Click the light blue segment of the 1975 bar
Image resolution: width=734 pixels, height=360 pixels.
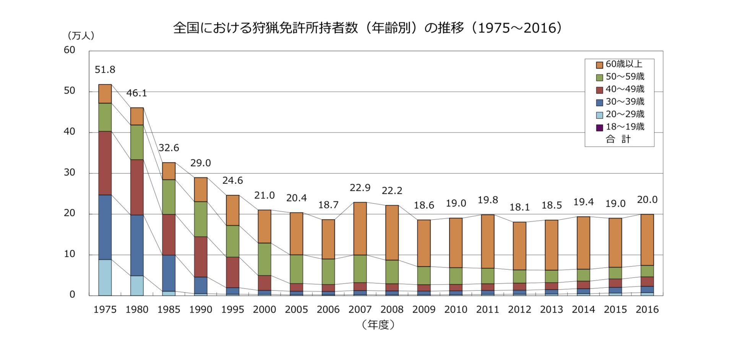105,277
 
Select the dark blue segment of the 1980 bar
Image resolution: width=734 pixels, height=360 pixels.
137,245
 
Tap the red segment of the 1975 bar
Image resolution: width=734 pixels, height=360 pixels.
105,163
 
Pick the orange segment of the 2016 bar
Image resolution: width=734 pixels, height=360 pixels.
647,240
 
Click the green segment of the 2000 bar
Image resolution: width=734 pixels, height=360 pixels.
265,259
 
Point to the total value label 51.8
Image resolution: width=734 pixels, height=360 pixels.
105,70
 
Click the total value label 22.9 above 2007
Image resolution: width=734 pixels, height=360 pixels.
360,188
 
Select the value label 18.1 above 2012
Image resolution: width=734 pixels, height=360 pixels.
520,207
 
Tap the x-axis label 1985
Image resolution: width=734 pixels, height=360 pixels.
169,310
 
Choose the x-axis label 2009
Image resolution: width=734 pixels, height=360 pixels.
424,310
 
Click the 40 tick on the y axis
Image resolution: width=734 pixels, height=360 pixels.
70,131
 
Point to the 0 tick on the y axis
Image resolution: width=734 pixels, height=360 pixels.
72,295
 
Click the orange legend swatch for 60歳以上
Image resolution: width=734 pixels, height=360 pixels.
599,65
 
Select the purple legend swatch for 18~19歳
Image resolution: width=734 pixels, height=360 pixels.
599,127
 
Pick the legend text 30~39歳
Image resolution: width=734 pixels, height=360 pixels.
625,102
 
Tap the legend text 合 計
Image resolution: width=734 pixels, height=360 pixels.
618,139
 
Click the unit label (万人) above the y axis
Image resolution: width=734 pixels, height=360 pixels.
81,36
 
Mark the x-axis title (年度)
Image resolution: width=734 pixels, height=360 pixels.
378,325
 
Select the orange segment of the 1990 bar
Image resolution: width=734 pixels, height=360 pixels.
201,190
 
